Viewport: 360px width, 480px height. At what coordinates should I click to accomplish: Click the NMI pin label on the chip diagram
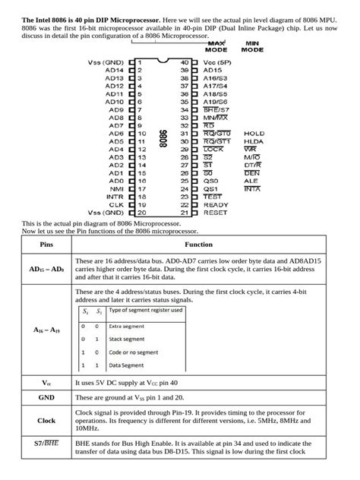pos(115,189)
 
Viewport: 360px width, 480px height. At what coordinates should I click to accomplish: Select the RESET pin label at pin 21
pos(216,213)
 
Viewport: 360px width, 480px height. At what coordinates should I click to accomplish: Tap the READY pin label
pos(216,205)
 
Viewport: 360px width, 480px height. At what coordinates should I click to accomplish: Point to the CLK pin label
pos(115,205)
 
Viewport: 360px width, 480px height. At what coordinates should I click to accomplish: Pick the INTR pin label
pos(114,197)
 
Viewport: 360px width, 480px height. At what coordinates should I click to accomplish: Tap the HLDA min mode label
pos(254,141)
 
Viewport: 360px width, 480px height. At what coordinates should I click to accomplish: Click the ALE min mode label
pos(251,181)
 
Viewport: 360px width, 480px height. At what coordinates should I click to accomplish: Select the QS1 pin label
pos(210,189)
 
